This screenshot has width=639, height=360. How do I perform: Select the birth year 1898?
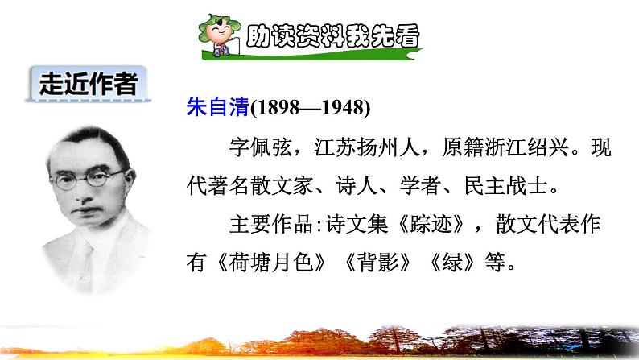(x=275, y=109)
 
